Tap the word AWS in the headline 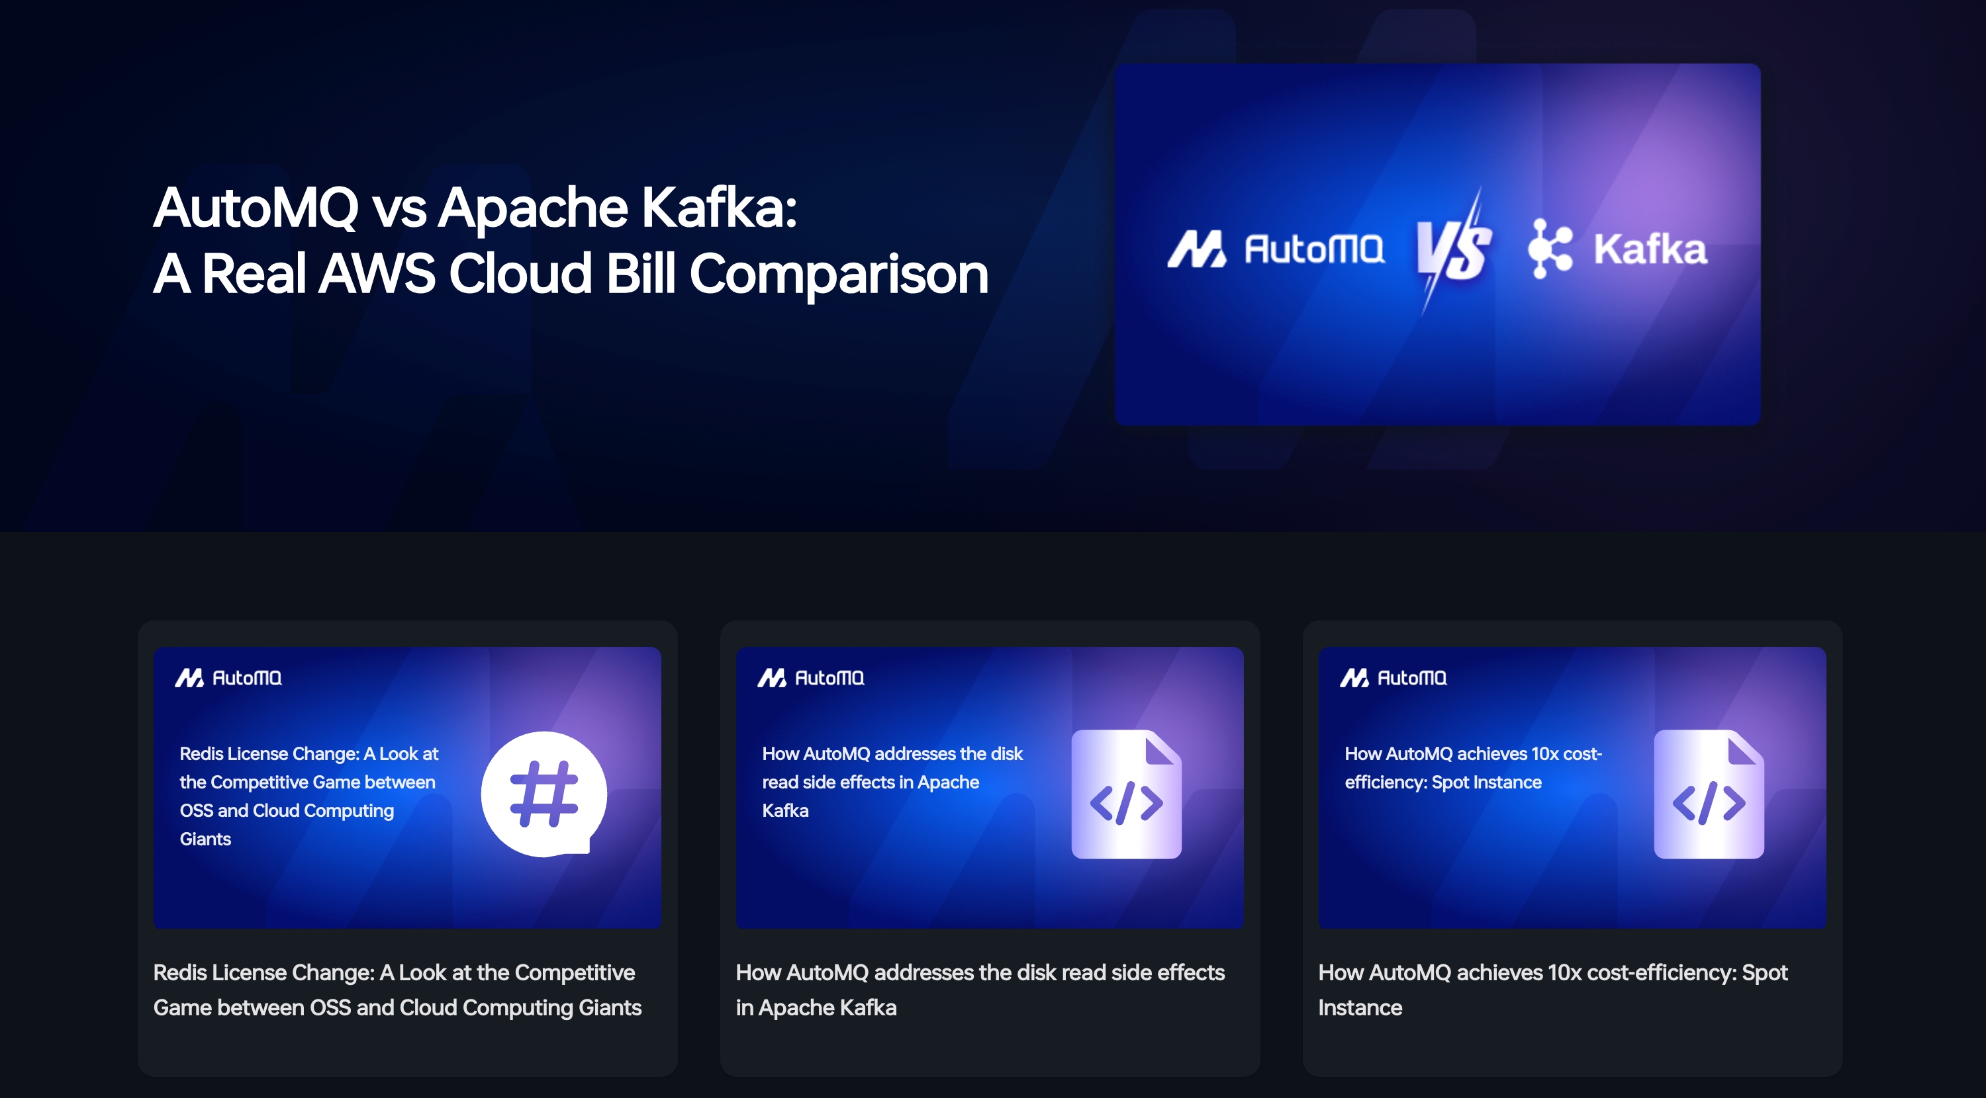point(377,274)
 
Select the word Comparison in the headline point(839,274)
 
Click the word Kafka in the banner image point(1650,249)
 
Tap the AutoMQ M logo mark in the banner point(1196,249)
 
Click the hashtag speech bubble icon point(544,794)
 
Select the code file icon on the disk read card point(1126,794)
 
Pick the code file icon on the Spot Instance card point(1709,794)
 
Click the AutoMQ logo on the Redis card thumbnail point(228,678)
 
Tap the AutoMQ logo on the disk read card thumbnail point(811,678)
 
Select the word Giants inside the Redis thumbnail point(205,839)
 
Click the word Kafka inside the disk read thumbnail point(785,810)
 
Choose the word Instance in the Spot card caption point(1360,1008)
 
